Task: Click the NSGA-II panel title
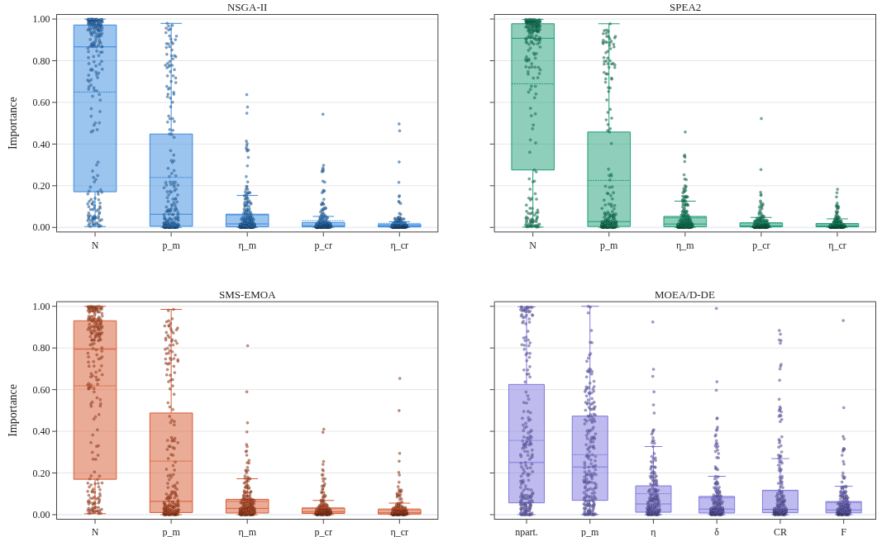pyautogui.click(x=246, y=7)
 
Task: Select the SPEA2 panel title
pyautogui.click(x=684, y=7)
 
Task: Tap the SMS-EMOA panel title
pyautogui.click(x=246, y=294)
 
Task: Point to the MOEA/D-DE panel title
pyautogui.click(x=684, y=294)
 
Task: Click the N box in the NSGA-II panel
pyautogui.click(x=95, y=108)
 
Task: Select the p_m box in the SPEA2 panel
pyautogui.click(x=608, y=178)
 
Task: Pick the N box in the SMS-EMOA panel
pyautogui.click(x=95, y=400)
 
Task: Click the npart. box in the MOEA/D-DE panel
pyautogui.click(x=527, y=444)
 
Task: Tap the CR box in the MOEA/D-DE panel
pyautogui.click(x=780, y=501)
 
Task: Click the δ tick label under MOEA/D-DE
pyautogui.click(x=717, y=532)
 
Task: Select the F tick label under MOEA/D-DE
pyautogui.click(x=843, y=532)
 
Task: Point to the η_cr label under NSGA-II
pyautogui.click(x=399, y=245)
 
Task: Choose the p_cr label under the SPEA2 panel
pyautogui.click(x=760, y=245)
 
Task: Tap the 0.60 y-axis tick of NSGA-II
pyautogui.click(x=42, y=102)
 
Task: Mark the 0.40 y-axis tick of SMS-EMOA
pyautogui.click(x=42, y=431)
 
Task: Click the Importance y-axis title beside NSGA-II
pyautogui.click(x=13, y=123)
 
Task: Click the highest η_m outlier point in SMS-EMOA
pyautogui.click(x=248, y=346)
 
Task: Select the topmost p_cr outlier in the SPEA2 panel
pyautogui.click(x=760, y=118)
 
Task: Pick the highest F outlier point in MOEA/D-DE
pyautogui.click(x=843, y=321)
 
